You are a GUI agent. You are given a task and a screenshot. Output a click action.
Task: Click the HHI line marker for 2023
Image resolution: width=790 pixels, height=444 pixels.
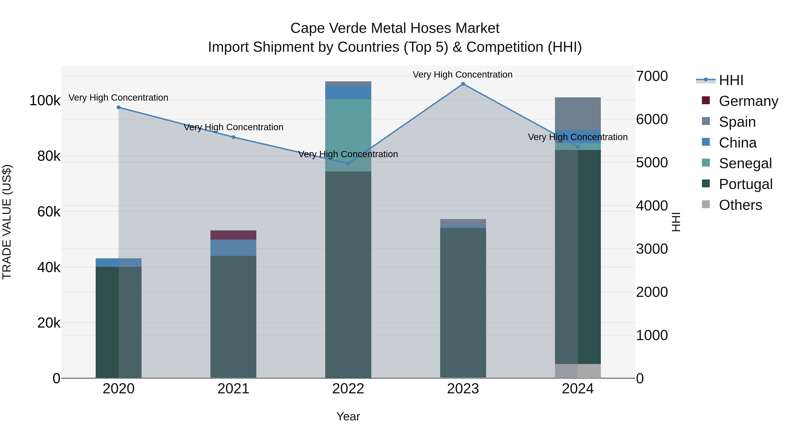point(463,84)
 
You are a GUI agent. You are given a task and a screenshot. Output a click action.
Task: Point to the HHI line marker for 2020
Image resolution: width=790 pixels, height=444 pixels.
point(119,107)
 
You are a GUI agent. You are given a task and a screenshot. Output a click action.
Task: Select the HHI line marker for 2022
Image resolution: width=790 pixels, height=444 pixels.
point(348,164)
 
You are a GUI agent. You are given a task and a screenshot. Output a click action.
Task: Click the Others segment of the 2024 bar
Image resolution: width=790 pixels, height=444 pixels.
point(578,371)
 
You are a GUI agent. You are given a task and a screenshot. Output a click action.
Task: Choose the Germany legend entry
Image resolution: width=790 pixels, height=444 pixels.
point(748,101)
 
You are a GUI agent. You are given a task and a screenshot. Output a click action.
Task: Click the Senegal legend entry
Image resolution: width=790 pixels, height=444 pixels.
point(745,163)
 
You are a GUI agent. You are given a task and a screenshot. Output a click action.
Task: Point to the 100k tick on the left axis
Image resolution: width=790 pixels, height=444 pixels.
point(45,100)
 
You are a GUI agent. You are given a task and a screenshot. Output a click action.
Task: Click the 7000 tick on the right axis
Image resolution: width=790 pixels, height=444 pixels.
point(652,76)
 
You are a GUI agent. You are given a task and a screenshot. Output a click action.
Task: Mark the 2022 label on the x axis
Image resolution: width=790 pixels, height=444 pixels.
point(348,389)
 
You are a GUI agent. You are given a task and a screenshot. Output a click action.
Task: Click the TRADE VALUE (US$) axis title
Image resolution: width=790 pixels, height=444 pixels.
point(7,222)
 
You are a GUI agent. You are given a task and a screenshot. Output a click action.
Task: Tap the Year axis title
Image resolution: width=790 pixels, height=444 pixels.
point(348,416)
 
